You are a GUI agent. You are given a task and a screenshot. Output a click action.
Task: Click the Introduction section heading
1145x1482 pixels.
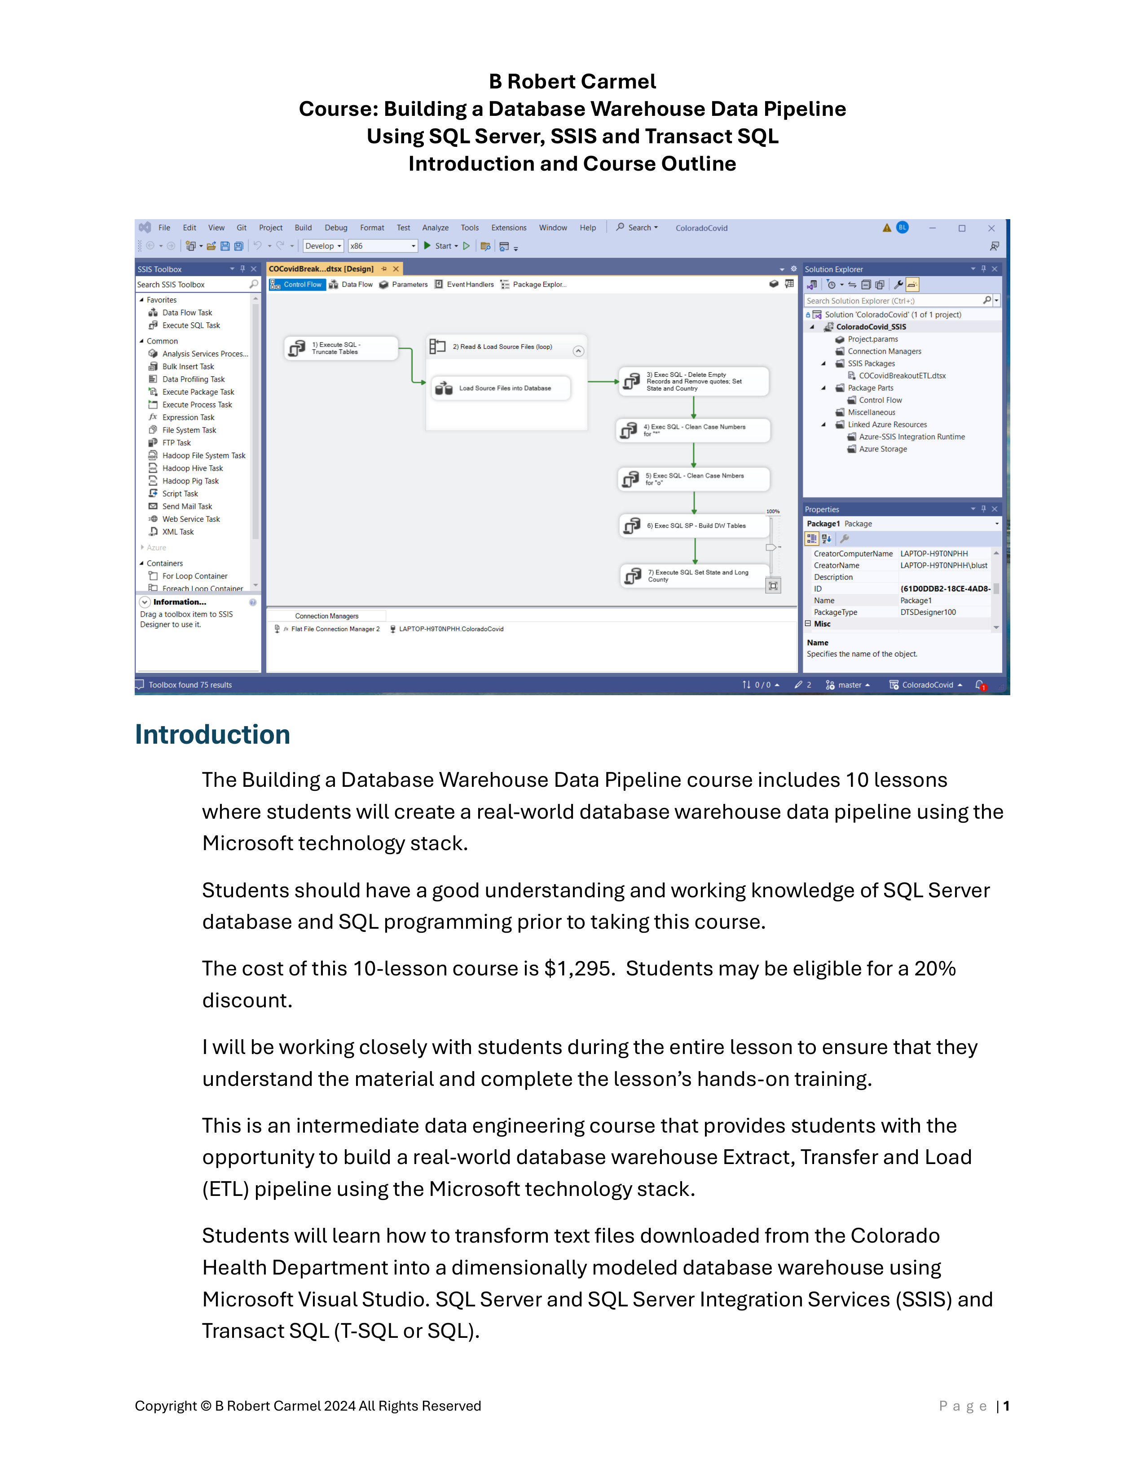pyautogui.click(x=212, y=735)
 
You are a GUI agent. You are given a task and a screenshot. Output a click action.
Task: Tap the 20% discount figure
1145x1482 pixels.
pyautogui.click(x=935, y=968)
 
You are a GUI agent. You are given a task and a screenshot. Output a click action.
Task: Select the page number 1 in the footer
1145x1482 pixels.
pyautogui.click(x=1007, y=1406)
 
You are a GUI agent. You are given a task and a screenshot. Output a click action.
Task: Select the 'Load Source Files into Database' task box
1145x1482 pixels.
pyautogui.click(x=502, y=388)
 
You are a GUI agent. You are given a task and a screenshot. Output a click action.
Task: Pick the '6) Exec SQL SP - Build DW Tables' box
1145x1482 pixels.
pyautogui.click(x=695, y=526)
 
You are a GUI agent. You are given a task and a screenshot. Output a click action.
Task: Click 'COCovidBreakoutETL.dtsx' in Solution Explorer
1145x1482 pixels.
pyautogui.click(x=902, y=376)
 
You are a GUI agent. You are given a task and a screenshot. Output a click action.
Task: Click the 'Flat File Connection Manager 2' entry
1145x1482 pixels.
pyautogui.click(x=335, y=629)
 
